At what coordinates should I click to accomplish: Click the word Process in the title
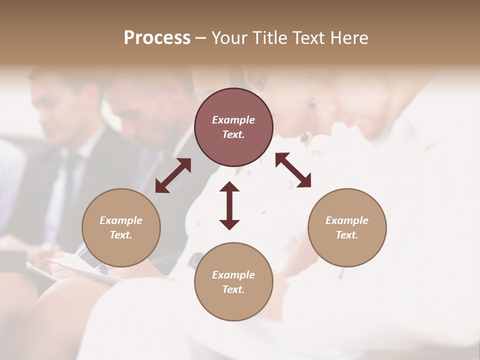[157, 38]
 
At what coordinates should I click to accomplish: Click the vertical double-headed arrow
[229, 205]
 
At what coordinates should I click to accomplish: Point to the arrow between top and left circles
[173, 175]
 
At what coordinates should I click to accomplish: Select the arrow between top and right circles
[293, 170]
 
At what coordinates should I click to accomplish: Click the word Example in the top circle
[233, 120]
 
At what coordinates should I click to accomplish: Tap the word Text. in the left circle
[121, 235]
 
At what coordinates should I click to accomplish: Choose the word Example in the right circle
[347, 220]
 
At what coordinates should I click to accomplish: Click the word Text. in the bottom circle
[233, 289]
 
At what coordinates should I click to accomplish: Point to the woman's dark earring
[312, 103]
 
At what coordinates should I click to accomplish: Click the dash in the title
[201, 38]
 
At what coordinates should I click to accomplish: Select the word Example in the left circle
[121, 220]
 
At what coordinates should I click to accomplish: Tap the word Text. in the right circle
[347, 235]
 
